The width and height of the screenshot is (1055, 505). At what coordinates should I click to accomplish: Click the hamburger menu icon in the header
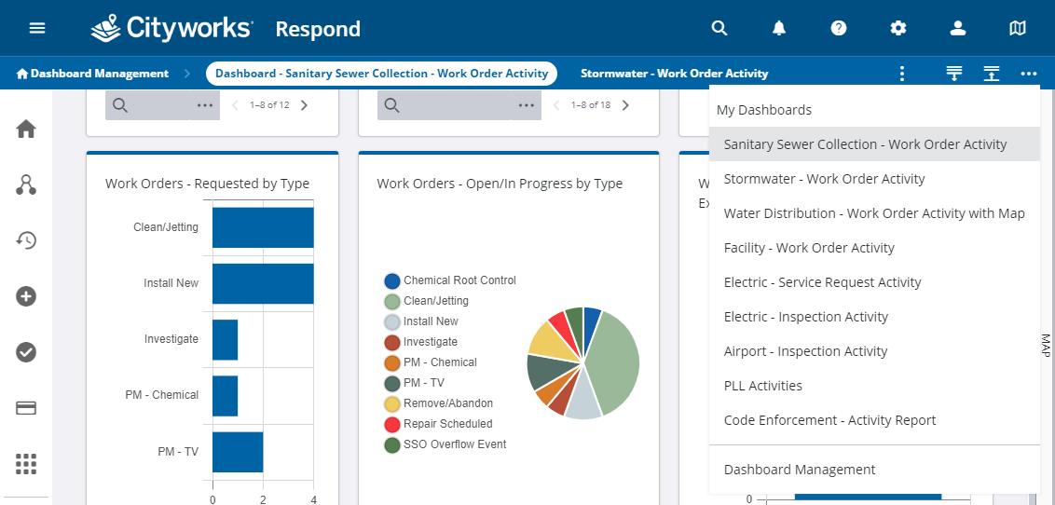[x=37, y=28]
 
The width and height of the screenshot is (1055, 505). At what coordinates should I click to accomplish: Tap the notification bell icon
[x=779, y=28]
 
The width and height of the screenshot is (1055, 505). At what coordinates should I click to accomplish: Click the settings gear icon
[x=898, y=28]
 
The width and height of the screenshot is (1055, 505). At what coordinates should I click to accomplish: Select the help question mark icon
[x=839, y=28]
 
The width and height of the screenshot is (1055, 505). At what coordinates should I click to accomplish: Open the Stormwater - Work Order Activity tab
[x=674, y=74]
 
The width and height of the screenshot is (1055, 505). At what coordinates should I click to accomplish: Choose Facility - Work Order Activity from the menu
[x=809, y=248]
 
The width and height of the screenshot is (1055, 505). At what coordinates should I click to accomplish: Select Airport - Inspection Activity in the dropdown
[x=805, y=351]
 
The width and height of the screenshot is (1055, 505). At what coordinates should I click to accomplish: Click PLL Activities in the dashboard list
[x=763, y=386]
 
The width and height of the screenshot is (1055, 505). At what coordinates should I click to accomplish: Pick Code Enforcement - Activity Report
[x=829, y=419]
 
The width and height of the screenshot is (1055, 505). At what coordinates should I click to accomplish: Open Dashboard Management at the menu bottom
[x=800, y=470]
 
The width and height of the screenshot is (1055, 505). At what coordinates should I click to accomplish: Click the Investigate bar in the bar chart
[x=225, y=339]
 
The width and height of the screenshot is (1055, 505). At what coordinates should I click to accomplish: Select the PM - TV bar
[x=238, y=452]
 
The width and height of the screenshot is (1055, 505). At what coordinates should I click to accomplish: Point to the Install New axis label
[x=171, y=283]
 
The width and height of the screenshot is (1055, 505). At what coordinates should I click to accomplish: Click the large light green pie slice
[x=613, y=363]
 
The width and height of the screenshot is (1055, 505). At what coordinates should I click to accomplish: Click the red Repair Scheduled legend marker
[x=392, y=424]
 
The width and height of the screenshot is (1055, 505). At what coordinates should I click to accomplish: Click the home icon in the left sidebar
[x=26, y=129]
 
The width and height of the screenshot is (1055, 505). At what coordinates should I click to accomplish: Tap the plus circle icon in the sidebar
[x=26, y=296]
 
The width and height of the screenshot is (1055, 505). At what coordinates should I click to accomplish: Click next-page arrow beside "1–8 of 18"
[x=625, y=105]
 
